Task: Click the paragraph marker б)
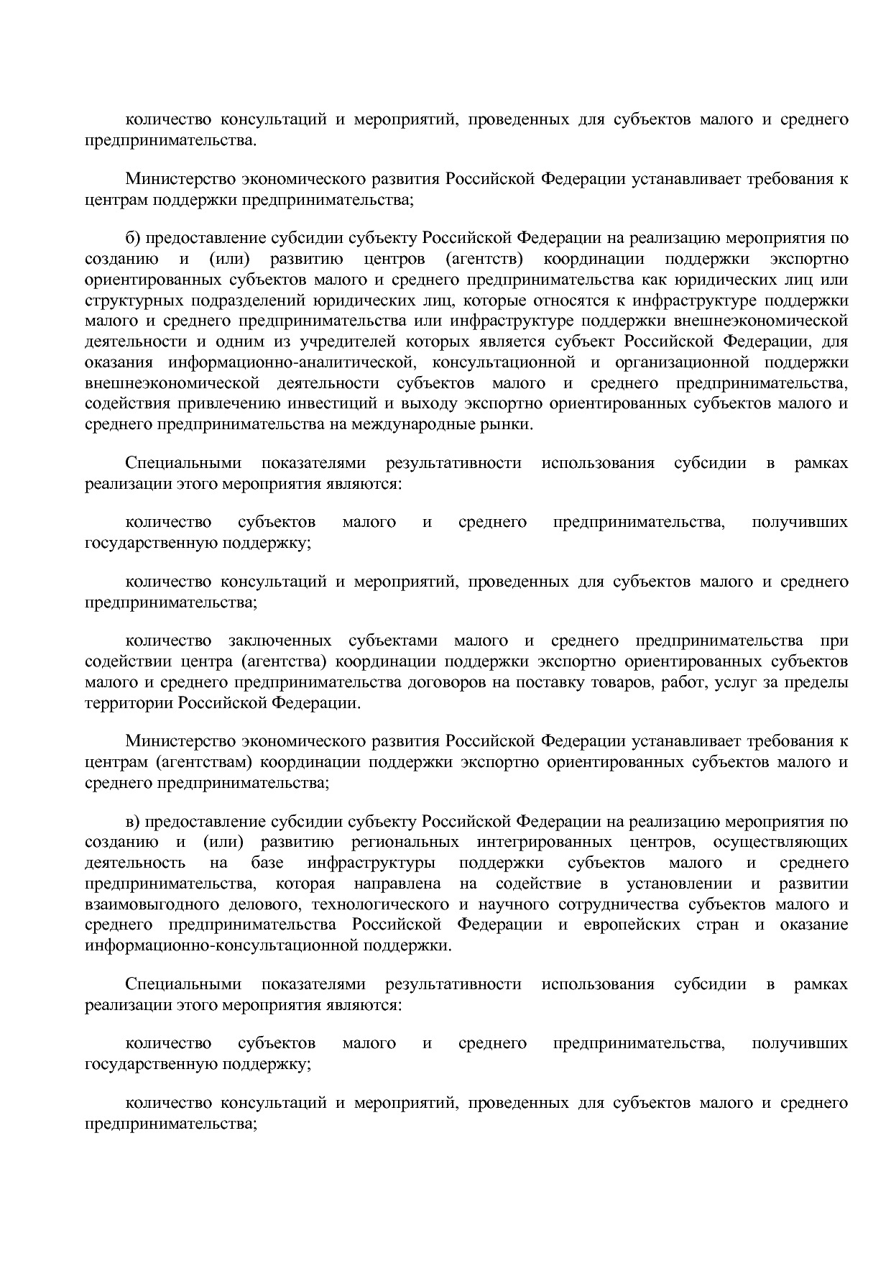(x=132, y=238)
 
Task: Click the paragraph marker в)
(x=132, y=821)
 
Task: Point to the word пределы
(x=818, y=682)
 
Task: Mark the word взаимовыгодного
(x=141, y=904)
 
